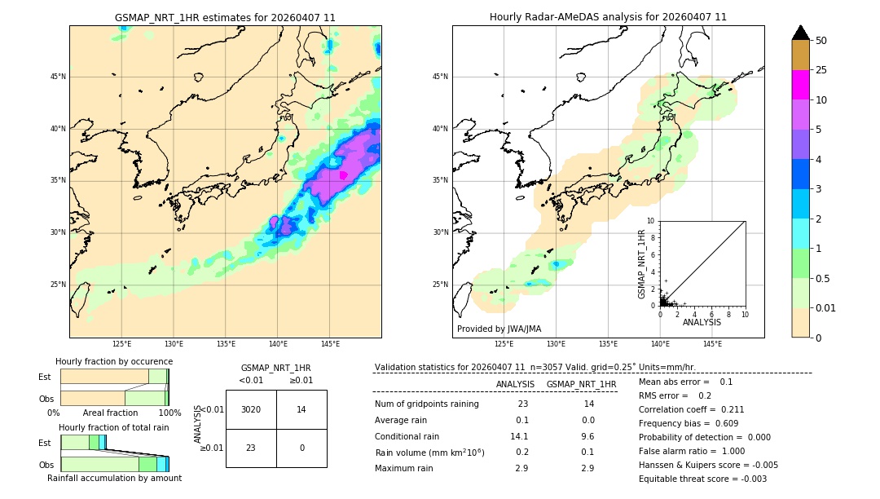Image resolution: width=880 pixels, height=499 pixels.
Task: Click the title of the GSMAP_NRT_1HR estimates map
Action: (225, 17)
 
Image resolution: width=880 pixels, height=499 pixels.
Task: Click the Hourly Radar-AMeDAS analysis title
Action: (608, 17)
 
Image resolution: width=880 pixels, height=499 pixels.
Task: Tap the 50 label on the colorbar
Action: (821, 41)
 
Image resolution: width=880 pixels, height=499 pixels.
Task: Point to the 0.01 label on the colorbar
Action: (826, 307)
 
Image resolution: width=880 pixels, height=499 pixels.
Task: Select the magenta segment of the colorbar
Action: (800, 85)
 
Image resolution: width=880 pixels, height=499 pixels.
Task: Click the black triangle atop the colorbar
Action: (800, 33)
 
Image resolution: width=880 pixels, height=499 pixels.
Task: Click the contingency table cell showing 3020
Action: (251, 409)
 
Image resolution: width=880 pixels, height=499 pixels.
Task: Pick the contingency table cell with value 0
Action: (301, 448)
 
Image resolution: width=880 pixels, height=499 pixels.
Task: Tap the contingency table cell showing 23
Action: (251, 448)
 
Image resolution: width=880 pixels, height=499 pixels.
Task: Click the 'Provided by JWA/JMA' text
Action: (499, 329)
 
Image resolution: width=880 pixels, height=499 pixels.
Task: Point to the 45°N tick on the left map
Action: (58, 77)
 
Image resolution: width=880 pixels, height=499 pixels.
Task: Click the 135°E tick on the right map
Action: (608, 344)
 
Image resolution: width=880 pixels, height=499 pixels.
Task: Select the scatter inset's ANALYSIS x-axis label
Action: (702, 322)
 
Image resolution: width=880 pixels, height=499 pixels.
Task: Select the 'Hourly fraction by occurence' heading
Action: (114, 361)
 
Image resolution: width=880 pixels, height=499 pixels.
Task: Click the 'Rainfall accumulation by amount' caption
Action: (114, 478)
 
